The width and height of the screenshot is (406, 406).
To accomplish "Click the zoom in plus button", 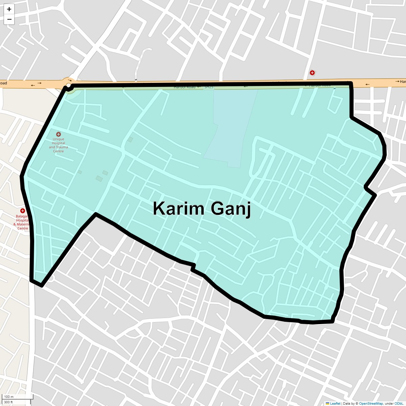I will coord(9,9).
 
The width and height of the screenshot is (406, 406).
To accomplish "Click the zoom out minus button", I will coord(9,19).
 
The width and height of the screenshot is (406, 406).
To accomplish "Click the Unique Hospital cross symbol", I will coord(59,134).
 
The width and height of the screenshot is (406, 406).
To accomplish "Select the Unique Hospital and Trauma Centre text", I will coord(59,145).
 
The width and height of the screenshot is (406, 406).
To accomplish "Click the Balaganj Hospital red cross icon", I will coord(23,211).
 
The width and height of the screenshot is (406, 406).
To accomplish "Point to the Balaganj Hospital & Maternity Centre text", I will coord(22,222).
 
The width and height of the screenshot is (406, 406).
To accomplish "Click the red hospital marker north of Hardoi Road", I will coord(312,73).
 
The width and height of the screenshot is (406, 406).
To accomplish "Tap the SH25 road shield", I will coord(209,87).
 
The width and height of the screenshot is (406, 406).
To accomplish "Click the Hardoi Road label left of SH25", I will coord(184,87).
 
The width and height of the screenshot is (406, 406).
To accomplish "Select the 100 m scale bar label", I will coord(9,397).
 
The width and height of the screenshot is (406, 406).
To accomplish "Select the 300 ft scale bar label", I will coord(8,402).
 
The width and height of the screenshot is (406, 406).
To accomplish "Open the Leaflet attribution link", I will coord(335,403).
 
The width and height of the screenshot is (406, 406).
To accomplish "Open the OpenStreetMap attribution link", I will coord(371,403).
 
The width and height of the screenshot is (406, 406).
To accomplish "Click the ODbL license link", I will coord(399,403).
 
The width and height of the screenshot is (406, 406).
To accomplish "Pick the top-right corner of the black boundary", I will coord(351,83).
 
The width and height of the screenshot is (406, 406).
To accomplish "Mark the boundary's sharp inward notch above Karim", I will coord(96,214).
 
